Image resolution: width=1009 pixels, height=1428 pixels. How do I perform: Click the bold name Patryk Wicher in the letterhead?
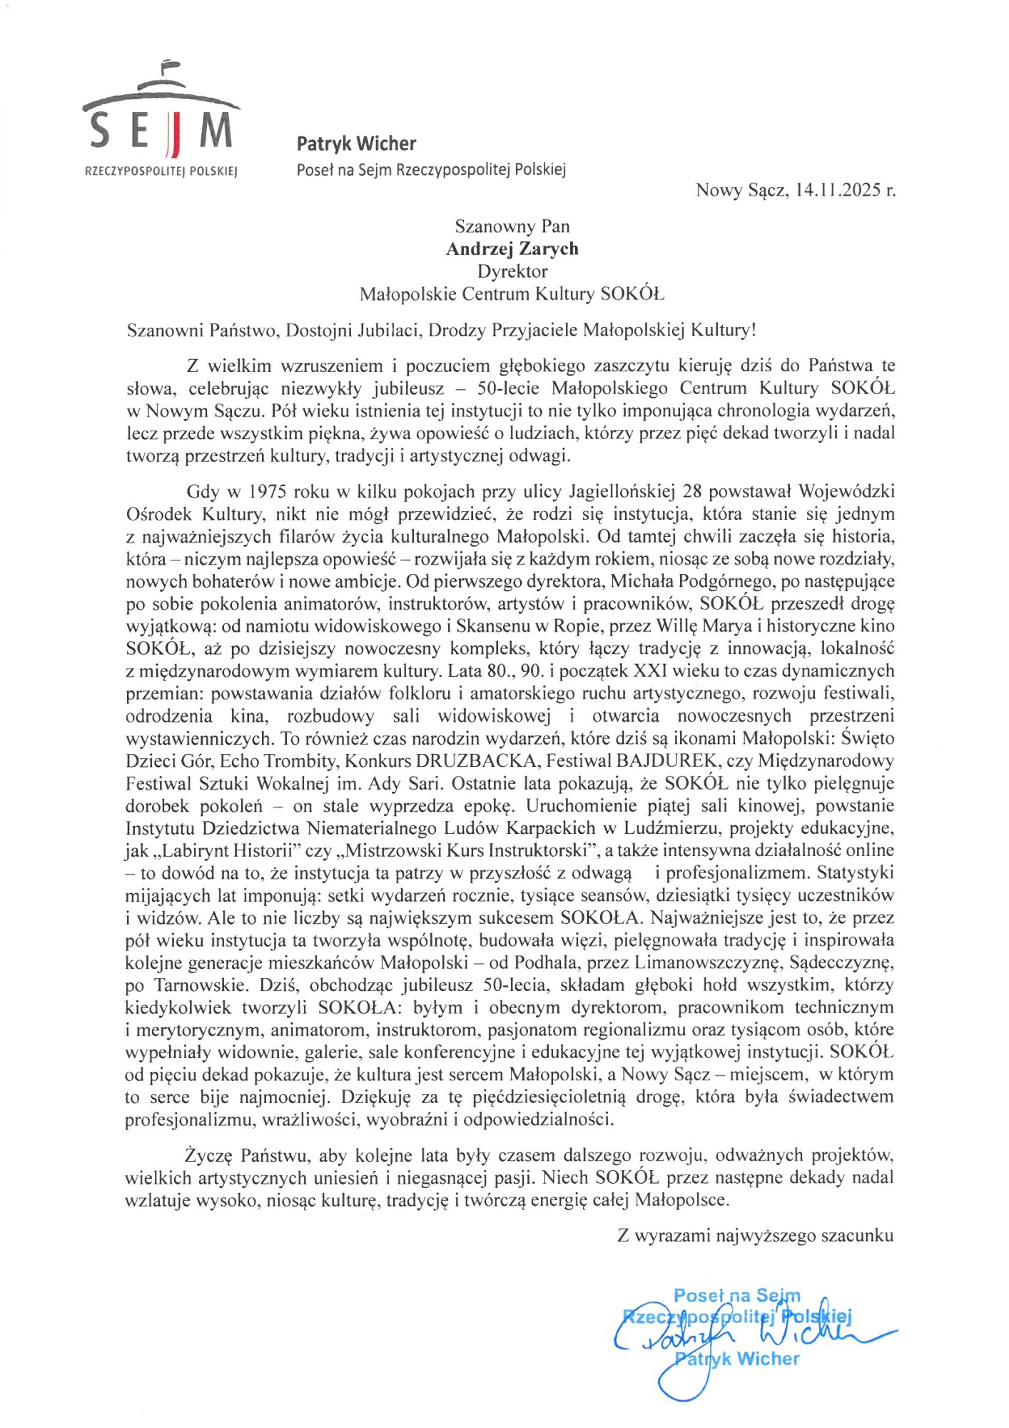coord(356,144)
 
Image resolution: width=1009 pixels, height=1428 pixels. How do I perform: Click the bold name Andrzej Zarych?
coord(512,248)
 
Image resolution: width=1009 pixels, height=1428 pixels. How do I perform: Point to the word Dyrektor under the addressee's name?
coord(512,271)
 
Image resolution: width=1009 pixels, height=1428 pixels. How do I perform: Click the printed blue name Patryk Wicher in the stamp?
coord(737,1359)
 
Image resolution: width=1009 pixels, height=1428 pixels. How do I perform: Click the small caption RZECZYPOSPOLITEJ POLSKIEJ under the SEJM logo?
coord(161,171)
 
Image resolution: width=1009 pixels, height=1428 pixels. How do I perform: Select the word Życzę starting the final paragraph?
coord(209,1155)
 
